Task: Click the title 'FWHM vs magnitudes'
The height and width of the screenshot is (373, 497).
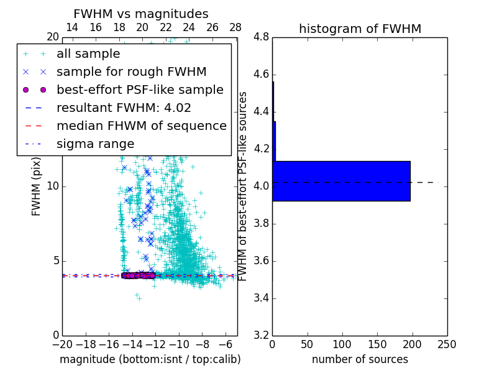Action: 141,14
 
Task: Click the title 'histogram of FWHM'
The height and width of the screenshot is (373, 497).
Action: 360,29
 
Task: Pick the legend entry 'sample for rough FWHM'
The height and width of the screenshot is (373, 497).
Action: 131,71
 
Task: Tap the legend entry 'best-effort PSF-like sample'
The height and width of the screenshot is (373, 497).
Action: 140,90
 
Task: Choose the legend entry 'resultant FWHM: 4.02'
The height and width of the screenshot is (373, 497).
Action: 124,108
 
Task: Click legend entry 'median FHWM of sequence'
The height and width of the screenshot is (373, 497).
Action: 141,126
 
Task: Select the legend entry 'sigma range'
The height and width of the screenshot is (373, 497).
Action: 95,144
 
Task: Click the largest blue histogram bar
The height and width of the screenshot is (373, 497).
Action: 341,181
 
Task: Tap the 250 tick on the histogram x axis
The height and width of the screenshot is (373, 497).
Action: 447,344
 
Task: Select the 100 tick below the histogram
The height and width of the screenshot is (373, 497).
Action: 342,344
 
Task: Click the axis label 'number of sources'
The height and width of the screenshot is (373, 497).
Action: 360,359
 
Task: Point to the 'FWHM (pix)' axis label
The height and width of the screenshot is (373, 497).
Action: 37,186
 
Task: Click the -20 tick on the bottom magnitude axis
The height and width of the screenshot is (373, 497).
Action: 62,344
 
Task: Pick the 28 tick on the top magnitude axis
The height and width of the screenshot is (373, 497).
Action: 235,28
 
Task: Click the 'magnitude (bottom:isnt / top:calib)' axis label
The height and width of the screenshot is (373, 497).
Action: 150,359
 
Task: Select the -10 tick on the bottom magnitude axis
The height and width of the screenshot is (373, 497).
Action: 179,344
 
